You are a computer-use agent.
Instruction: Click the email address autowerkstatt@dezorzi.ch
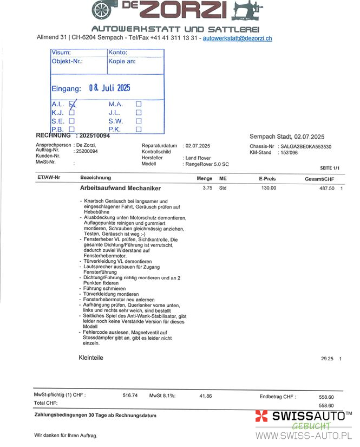(237, 38)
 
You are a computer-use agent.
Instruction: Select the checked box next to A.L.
(73, 103)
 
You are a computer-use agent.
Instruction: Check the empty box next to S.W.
(139, 121)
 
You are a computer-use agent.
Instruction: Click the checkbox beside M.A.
(139, 103)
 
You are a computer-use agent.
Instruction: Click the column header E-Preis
(267, 178)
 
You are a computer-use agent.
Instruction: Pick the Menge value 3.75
(207, 188)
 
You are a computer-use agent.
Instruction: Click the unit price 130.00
(269, 188)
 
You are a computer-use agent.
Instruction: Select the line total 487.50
(327, 188)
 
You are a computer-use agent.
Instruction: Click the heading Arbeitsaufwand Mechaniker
(120, 189)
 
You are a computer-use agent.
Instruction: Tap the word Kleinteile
(91, 358)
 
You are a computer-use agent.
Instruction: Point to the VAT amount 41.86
(205, 396)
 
